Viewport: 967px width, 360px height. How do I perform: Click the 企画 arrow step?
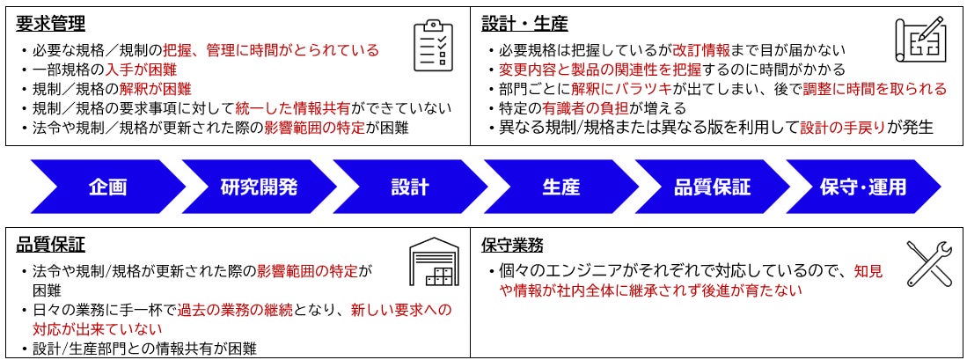107,187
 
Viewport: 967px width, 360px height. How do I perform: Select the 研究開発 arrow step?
259,187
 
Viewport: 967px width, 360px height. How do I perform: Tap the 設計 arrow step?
410,187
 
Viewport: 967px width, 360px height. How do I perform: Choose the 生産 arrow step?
560,187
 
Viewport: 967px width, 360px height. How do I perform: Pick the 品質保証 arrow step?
712,187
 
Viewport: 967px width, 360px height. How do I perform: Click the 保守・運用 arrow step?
862,187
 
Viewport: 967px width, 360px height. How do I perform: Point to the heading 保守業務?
513,245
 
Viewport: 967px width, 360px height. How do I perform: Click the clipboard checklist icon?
433,45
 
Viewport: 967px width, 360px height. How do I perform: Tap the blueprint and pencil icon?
919,40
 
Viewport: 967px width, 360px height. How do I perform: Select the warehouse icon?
434,263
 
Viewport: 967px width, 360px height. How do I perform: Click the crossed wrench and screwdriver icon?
929,263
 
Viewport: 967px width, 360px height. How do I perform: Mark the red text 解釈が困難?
156,89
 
